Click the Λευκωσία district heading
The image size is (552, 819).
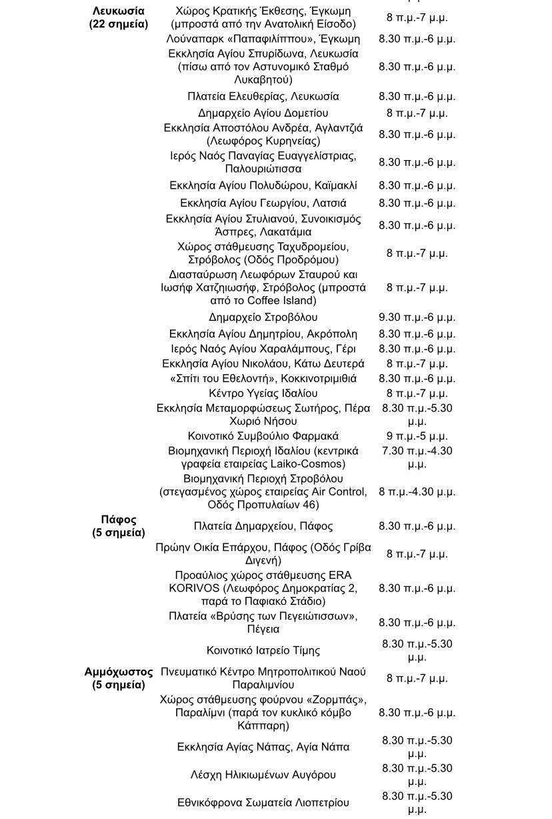coord(119,17)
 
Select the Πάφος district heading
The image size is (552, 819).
coord(119,526)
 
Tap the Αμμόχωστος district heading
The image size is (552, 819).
coord(119,678)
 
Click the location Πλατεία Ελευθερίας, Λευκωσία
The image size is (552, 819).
coord(263,97)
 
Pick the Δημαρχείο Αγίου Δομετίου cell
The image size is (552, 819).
coord(263,113)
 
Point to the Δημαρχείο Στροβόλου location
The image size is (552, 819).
coord(263,317)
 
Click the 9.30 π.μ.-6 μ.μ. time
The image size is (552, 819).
coord(417,317)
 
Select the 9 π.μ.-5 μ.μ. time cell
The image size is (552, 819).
coord(417,436)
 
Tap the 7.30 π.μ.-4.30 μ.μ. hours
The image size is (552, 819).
coord(417,458)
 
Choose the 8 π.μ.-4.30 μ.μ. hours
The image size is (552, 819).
coord(417,492)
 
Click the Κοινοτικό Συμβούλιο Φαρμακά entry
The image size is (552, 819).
coord(263,436)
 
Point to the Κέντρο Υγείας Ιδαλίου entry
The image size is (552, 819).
coord(263,393)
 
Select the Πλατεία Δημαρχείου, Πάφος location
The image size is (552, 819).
coord(263,526)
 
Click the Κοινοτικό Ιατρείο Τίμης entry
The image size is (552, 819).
coord(263,650)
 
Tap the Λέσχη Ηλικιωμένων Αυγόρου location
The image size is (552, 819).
coord(263,775)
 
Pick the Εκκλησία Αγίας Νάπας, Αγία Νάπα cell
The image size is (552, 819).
coord(263,747)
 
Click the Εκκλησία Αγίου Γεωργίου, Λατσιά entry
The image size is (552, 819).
coord(263,203)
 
